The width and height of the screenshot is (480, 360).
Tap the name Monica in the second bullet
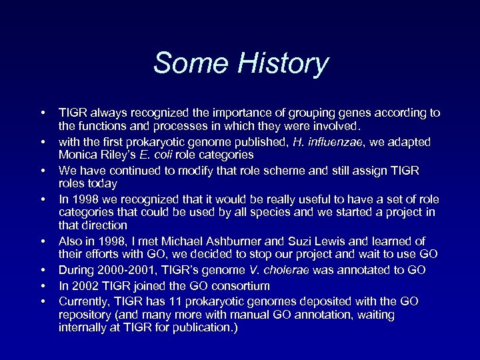79,154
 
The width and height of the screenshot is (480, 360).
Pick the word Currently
84,301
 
